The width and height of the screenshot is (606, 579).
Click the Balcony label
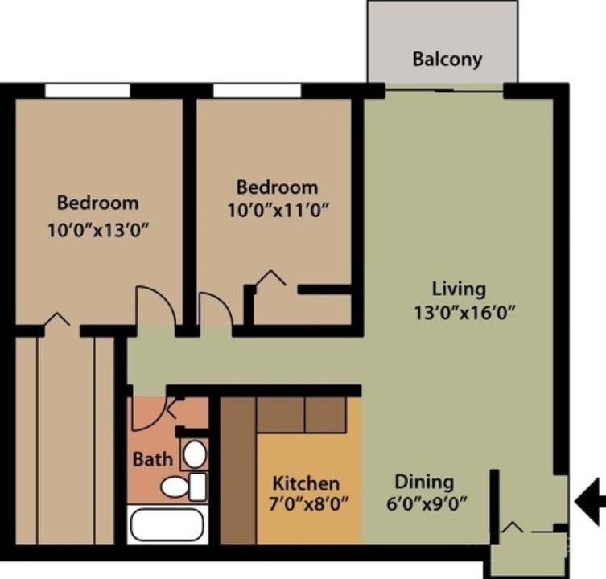(447, 60)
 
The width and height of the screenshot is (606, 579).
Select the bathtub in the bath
(167, 524)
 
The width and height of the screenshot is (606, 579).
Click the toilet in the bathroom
(180, 486)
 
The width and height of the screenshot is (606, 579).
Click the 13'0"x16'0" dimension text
(461, 312)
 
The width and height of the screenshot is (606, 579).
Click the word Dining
(423, 482)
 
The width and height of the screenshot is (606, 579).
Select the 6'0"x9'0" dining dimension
(431, 506)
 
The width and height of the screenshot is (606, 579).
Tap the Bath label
(152, 459)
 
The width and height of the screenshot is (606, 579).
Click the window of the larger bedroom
(87, 90)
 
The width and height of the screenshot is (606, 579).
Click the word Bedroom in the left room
(97, 203)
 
